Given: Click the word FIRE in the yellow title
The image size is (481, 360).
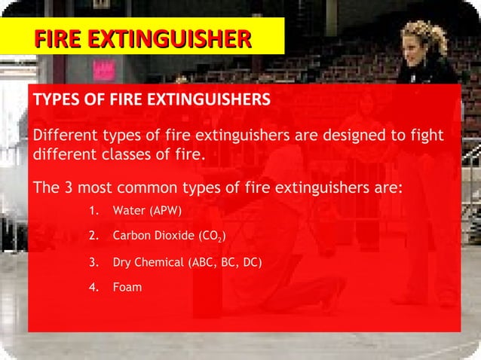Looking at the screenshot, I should click(x=57, y=38).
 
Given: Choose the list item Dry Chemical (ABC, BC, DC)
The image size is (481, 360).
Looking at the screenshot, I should click(x=187, y=263).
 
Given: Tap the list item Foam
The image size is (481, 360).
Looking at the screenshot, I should click(x=127, y=287).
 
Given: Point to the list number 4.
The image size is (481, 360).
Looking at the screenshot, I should click(x=93, y=287).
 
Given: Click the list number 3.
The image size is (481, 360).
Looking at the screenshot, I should click(x=93, y=263).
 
